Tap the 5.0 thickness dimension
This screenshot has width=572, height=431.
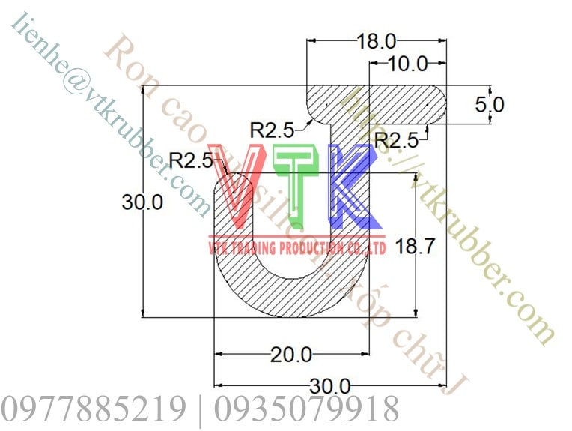(490, 104)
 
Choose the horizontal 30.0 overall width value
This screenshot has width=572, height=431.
(330, 386)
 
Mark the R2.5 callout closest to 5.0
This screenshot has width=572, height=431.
(396, 139)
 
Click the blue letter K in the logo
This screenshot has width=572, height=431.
(352, 185)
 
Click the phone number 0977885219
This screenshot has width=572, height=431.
(94, 409)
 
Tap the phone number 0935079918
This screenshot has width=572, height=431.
(307, 409)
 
